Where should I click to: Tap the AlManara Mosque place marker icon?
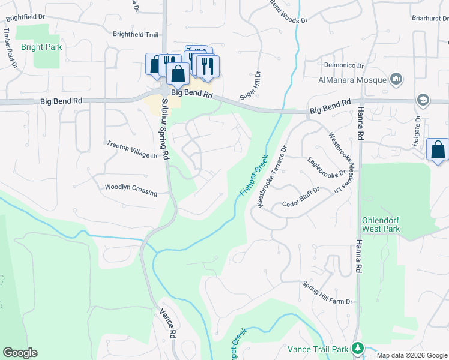(396, 79)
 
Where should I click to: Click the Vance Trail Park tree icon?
(358, 348)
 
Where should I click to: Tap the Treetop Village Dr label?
(131, 150)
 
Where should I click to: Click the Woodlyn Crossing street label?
(131, 190)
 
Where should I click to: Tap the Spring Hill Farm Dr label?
(328, 293)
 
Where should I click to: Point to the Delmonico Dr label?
(344, 65)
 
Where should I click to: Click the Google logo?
(20, 353)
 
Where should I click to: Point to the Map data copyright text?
(411, 355)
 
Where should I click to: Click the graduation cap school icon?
(423, 100)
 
